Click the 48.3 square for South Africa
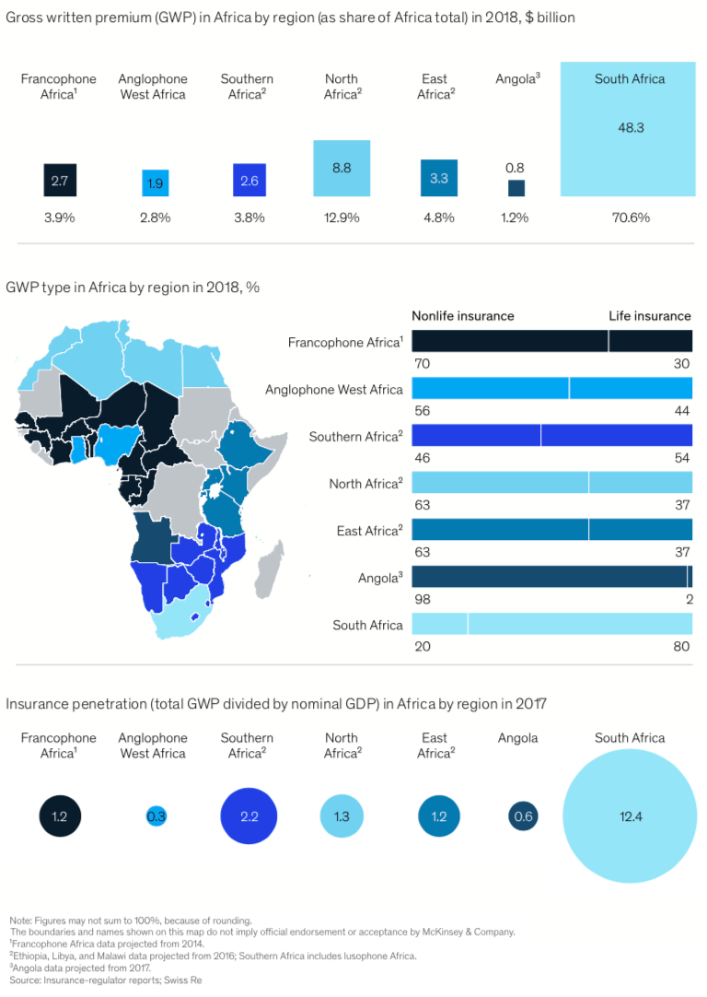(x=630, y=129)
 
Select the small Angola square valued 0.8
(x=516, y=187)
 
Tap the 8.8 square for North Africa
(x=342, y=169)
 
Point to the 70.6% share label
(x=630, y=218)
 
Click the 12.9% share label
(x=342, y=218)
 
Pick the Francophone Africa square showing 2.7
(x=60, y=181)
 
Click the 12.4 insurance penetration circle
(x=630, y=816)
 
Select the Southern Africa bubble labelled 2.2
(x=249, y=816)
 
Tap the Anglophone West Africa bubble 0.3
(x=156, y=816)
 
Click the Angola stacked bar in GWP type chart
(x=551, y=577)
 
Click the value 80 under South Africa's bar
(x=681, y=646)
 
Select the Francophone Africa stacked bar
(x=551, y=341)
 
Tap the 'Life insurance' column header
(x=649, y=316)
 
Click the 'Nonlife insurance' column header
(x=462, y=316)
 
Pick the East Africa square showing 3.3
(x=438, y=178)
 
